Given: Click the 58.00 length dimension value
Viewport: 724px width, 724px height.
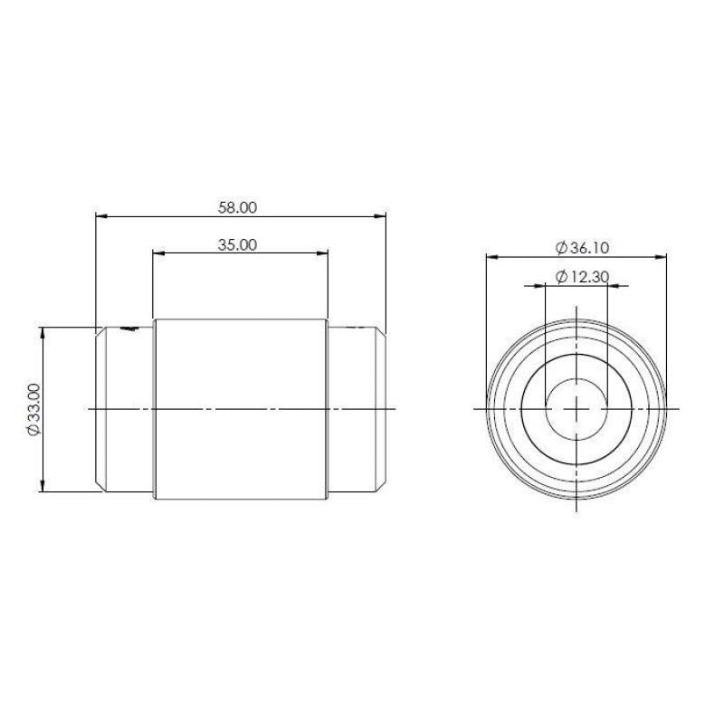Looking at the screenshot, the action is (x=237, y=208).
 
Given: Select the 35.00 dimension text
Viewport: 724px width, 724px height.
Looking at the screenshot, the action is (x=237, y=244).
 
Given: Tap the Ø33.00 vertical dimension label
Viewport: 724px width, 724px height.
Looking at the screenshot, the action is (x=34, y=409).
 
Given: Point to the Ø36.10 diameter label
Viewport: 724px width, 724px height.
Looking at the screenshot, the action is (x=582, y=248).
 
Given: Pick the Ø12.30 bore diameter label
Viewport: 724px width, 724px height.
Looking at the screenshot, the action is (x=582, y=277).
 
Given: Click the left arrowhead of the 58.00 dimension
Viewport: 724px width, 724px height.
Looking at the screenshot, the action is (x=101, y=215).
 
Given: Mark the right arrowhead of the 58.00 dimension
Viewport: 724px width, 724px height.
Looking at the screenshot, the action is (x=380, y=215).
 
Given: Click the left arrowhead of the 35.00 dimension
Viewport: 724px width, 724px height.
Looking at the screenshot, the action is (x=158, y=252).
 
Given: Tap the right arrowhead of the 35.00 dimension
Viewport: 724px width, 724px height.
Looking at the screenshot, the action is (x=322, y=252).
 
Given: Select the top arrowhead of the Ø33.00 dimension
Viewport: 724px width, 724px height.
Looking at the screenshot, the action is (x=43, y=333).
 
